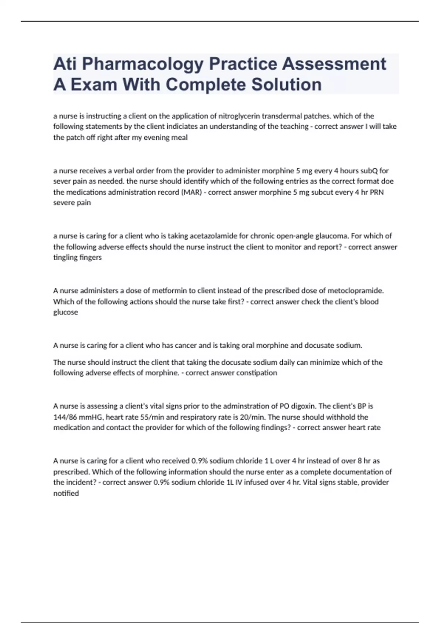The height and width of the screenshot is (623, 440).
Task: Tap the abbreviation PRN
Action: (377, 192)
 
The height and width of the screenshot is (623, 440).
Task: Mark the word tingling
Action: (64, 258)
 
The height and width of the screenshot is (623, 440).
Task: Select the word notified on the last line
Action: (66, 493)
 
